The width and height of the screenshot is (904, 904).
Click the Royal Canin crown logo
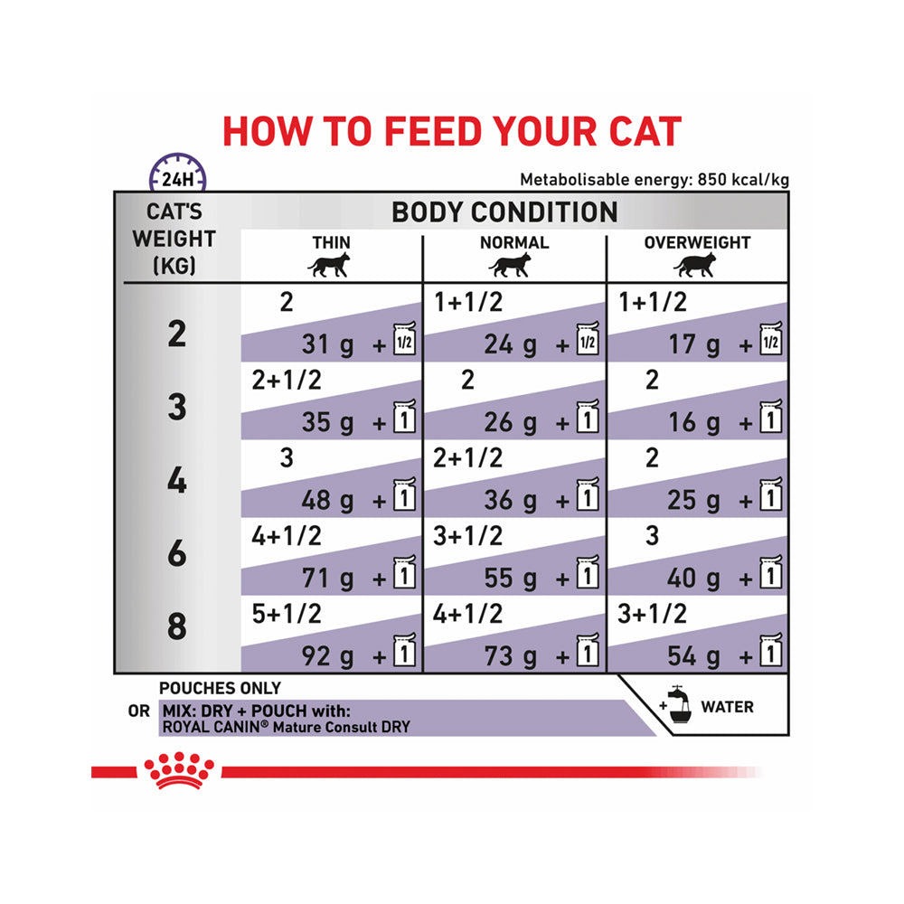pos(179,771)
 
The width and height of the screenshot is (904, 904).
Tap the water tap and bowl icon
pos(675,706)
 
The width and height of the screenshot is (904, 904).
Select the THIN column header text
pos(331,242)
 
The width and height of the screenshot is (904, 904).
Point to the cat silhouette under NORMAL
pos(513,266)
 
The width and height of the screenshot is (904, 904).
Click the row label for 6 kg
pos(177,554)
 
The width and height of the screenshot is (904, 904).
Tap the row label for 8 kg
pos(177,627)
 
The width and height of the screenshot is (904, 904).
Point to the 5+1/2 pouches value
pos(287,614)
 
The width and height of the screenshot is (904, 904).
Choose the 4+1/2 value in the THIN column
pos(287,536)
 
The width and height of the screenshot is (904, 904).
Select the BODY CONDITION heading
pos(504,212)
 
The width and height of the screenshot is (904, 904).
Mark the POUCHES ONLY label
pos(220,689)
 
